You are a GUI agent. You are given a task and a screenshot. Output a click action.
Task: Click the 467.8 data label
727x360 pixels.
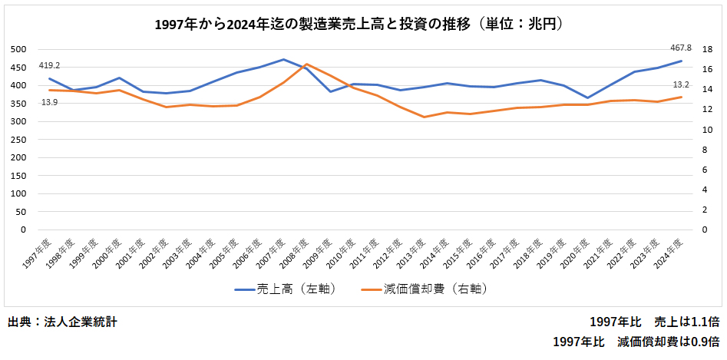pos(680,48)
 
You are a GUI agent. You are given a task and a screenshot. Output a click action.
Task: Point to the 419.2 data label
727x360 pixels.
pos(48,65)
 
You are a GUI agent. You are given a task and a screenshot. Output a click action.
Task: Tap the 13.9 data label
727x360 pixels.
pos(48,102)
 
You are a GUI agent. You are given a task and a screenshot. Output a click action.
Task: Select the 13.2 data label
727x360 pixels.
pos(680,84)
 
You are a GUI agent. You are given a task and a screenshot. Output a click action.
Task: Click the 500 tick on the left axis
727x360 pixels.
pos(17,49)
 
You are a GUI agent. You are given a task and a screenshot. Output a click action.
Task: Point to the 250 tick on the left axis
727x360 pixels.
pos(17,139)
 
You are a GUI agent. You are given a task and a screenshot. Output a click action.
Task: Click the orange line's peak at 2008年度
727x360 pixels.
pos(306,64)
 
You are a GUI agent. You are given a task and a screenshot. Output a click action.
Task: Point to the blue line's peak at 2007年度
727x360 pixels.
pos(283,59)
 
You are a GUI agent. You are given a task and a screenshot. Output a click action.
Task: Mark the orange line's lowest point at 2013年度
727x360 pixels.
pos(424,117)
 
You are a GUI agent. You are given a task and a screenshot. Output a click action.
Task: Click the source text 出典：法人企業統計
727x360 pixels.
pos(62,322)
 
